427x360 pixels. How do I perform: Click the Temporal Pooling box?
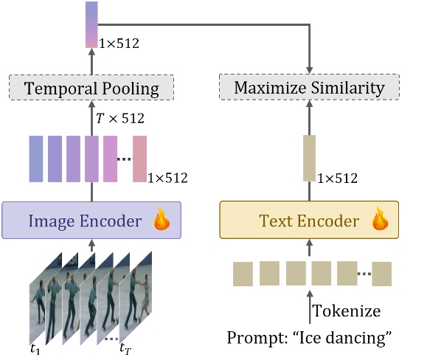pos(91,89)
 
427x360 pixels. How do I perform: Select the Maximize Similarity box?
pos(309,89)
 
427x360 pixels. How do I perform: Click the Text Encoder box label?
pos(298,220)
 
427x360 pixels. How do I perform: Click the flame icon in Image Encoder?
pos(161,219)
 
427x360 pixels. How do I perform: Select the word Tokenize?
pos(347,311)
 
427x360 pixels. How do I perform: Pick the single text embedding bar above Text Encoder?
pos(309,158)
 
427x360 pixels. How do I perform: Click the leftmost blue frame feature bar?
pos(36,158)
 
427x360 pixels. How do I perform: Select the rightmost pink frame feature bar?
pos(139,159)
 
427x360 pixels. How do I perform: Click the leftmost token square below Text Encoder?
pos(243,273)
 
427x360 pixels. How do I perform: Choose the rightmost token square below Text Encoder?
pos(382,273)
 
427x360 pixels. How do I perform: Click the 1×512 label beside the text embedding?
pos(338,178)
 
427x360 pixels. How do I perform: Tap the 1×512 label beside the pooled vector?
pos(119,44)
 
